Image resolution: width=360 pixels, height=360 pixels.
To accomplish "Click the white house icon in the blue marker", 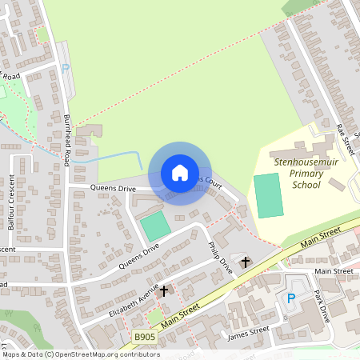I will click(x=180, y=173).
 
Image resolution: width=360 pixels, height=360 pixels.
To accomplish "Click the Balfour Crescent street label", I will click(x=12, y=202).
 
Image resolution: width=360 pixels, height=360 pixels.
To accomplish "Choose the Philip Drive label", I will click(x=219, y=258).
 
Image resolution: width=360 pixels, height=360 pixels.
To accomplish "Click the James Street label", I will click(x=248, y=332).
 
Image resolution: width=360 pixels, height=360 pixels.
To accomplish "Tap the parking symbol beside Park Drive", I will click(x=291, y=298).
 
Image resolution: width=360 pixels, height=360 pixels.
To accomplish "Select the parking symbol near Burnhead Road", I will click(x=66, y=70).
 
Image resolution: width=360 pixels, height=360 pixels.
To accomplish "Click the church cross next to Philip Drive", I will click(x=245, y=262).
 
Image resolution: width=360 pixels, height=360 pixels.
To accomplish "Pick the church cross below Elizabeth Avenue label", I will click(x=164, y=291).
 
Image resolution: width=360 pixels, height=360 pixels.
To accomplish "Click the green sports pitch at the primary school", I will click(x=269, y=195).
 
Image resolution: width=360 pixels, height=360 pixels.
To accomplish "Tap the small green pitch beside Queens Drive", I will click(x=156, y=226).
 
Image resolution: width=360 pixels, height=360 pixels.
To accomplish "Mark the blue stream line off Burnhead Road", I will click(x=112, y=157).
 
